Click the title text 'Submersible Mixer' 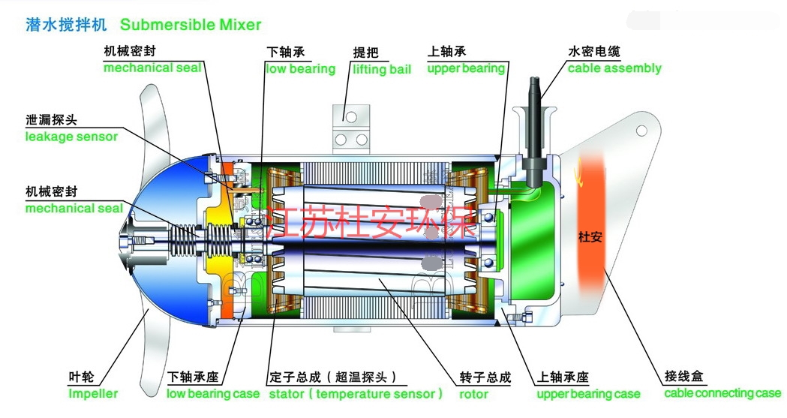click(191, 25)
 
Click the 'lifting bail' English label click(382, 69)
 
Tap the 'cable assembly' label click(614, 68)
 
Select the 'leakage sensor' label click(71, 137)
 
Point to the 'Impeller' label click(93, 393)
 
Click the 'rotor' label click(473, 393)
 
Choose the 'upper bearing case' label click(588, 393)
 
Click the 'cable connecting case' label click(722, 392)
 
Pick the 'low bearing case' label click(213, 393)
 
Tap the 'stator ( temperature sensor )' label click(356, 393)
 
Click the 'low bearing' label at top click(301, 69)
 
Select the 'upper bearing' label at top click(466, 69)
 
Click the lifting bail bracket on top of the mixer click(350, 127)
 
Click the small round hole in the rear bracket click(641, 131)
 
